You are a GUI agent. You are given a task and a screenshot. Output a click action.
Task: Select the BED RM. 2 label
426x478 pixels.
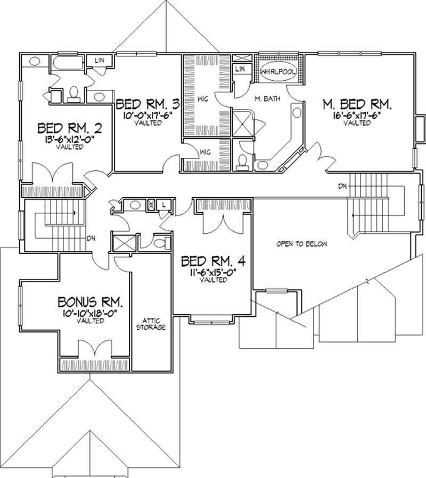(69, 129)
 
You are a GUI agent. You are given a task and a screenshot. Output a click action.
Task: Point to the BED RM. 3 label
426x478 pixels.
(146, 103)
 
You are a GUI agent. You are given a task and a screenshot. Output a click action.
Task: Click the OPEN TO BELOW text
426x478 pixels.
(301, 244)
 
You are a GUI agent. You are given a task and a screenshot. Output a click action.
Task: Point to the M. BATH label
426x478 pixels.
(264, 98)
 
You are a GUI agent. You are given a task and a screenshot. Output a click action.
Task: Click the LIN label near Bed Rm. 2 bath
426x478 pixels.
(100, 61)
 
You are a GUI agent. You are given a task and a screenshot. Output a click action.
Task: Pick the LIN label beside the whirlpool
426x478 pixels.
(240, 69)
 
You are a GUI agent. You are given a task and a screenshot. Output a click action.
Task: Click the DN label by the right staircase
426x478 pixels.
(342, 186)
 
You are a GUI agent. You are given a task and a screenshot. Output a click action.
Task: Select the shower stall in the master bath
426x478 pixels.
(243, 123)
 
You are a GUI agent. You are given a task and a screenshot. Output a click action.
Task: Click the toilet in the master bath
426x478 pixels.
(242, 160)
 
